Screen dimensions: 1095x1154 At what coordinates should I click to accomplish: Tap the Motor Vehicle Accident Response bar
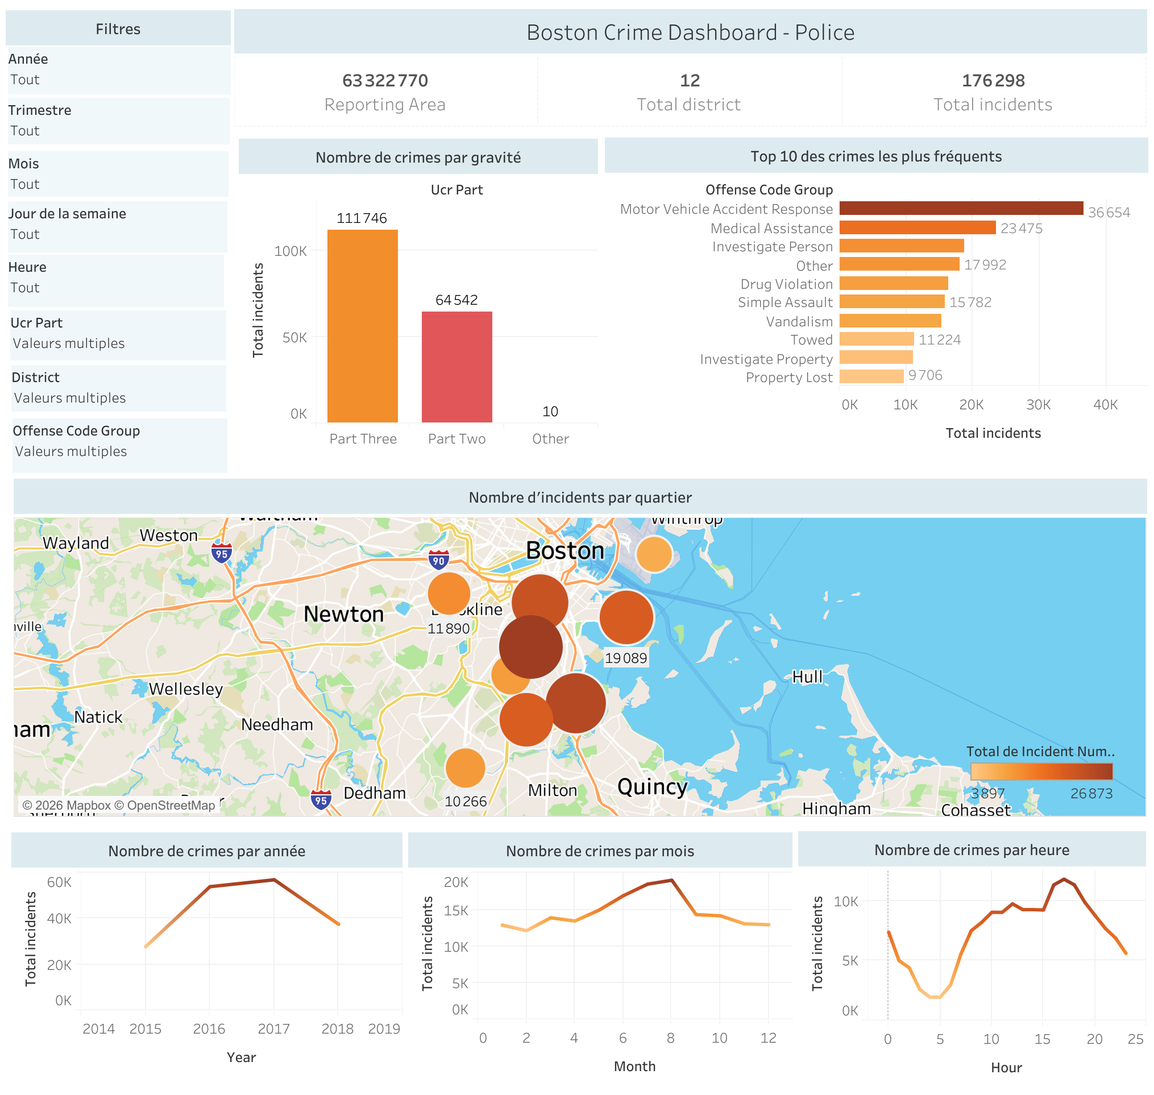[960, 209]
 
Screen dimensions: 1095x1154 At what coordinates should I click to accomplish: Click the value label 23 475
[1021, 228]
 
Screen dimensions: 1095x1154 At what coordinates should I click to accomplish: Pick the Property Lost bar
[871, 376]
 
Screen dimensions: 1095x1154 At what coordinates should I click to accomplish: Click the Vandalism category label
[799, 322]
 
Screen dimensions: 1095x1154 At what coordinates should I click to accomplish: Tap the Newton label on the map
[343, 614]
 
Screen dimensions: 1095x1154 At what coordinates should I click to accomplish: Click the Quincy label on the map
[652, 786]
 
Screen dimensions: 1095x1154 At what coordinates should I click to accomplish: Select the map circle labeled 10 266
[464, 768]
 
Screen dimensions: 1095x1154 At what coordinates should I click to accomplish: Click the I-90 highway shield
[438, 559]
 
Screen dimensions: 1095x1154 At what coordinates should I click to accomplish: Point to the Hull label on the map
[807, 677]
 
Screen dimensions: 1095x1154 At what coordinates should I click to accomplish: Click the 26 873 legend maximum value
[1091, 793]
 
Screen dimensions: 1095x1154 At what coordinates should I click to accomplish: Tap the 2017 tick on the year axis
[273, 1029]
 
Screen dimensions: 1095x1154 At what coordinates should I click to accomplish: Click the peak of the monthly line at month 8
[672, 880]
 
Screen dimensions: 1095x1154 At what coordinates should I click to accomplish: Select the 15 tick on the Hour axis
[1042, 1039]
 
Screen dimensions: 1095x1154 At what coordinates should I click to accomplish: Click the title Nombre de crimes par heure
[972, 850]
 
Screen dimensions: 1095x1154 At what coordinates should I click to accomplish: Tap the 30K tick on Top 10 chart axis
[1039, 404]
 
